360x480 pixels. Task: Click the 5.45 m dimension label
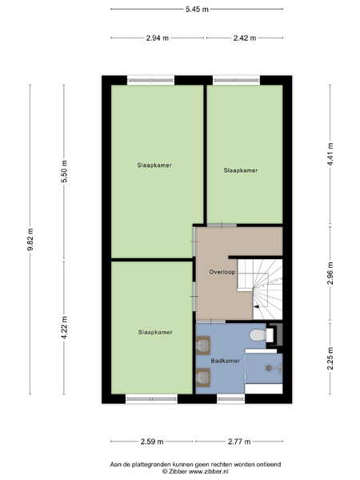197,9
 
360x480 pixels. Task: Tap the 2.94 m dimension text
158,38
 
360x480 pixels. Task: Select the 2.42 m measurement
245,38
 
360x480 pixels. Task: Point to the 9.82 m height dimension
30,239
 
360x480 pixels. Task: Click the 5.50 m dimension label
64,172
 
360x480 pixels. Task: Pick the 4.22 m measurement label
64,327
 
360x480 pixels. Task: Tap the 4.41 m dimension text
330,154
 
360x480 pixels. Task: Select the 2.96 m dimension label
330,274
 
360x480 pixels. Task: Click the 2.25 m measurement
330,358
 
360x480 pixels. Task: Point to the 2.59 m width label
152,442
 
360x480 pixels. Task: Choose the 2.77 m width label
239,442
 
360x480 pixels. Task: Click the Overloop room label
222,272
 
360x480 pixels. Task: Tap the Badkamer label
226,361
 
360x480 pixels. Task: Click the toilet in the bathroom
261,335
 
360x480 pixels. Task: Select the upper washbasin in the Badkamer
202,346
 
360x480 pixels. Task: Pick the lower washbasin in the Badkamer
202,377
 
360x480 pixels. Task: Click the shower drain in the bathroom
269,368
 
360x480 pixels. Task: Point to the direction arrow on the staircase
257,306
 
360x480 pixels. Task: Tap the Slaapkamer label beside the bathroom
155,332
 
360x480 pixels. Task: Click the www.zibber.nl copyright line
195,471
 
